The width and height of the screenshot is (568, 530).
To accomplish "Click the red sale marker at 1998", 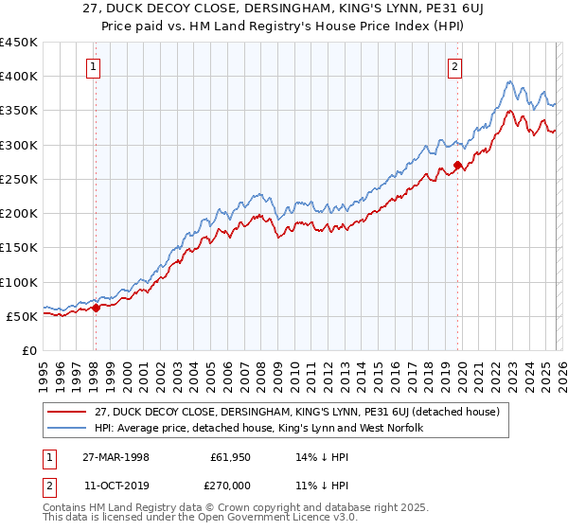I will [x=96, y=308].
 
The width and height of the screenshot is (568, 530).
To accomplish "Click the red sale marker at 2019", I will [x=457, y=166].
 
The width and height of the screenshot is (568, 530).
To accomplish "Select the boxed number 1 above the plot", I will [x=96, y=66].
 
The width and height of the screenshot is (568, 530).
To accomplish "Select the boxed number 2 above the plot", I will [x=455, y=66].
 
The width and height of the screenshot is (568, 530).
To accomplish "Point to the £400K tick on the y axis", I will [x=19, y=77].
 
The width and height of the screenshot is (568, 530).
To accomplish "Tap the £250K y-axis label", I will [x=19, y=179].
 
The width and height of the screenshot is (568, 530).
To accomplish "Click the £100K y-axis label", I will [x=19, y=282].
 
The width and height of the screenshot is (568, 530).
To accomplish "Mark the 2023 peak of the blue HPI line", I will [x=509, y=81].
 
